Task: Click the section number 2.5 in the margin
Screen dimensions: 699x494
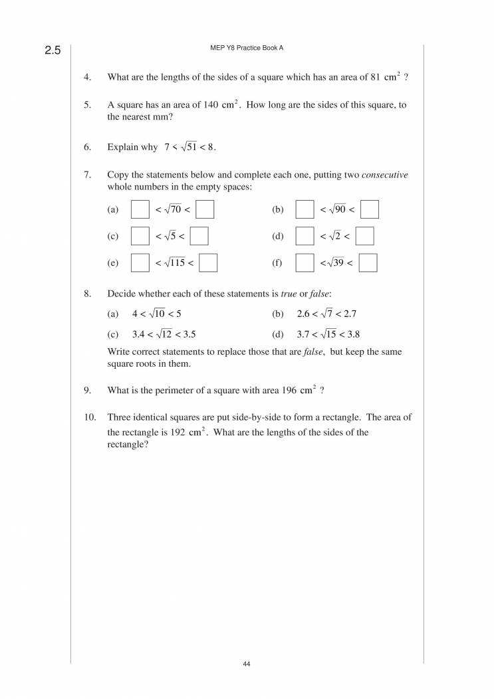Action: click(53, 50)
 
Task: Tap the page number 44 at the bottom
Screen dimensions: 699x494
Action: click(247, 664)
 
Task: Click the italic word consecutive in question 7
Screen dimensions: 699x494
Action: click(384, 175)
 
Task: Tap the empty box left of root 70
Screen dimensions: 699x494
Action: click(140, 209)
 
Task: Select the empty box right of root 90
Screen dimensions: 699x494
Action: click(370, 209)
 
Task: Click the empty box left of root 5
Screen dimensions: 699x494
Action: click(140, 237)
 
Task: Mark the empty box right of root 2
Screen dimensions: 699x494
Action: click(364, 237)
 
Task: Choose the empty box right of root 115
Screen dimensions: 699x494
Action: click(209, 263)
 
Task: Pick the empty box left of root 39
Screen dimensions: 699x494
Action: click(305, 263)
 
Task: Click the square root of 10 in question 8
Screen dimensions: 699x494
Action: click(157, 314)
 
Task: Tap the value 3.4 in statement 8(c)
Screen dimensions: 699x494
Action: click(139, 335)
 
